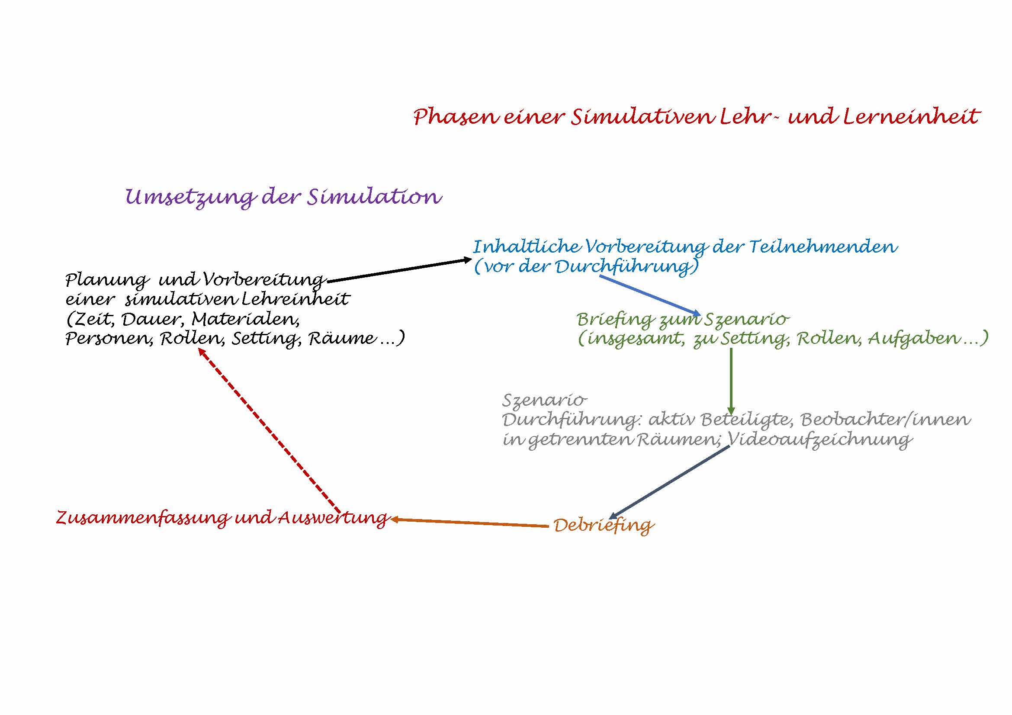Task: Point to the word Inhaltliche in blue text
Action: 526,246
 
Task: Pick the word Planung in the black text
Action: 107,280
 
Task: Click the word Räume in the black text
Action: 342,338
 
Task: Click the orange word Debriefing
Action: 604,525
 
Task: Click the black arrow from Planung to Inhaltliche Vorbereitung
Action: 399,270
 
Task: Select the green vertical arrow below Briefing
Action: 731,381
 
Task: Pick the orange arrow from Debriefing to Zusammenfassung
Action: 469,523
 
